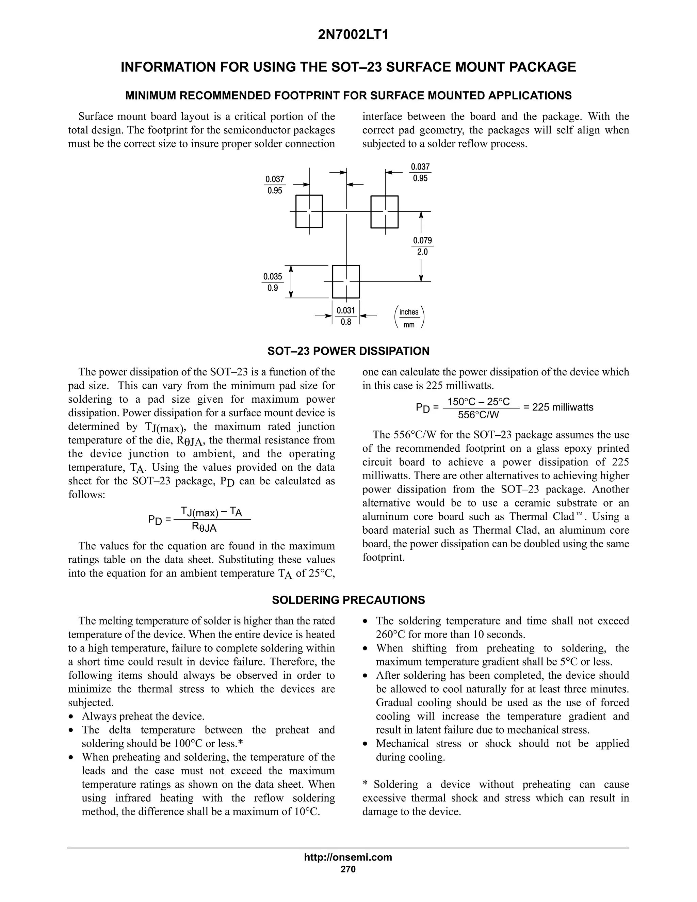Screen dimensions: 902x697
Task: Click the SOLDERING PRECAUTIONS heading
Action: [348, 600]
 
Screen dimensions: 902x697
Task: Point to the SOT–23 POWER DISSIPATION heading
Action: [348, 351]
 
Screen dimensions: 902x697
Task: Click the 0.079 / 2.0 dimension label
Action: [422, 246]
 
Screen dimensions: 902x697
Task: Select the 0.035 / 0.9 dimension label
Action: [273, 282]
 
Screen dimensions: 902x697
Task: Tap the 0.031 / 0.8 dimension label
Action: [346, 316]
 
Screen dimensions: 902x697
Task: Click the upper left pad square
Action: [309, 211]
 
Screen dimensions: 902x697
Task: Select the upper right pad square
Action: [385, 212]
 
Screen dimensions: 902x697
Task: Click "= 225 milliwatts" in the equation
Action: [558, 407]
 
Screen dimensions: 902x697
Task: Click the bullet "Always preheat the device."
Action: [143, 716]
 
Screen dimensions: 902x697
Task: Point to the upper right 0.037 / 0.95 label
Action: [420, 172]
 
